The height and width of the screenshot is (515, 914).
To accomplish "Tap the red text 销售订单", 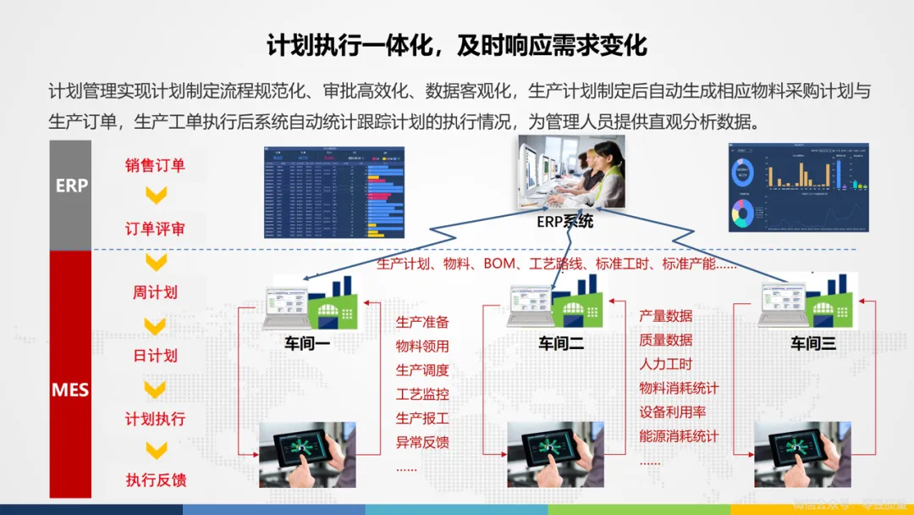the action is click(155, 165).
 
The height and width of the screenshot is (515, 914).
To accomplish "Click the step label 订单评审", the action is click(155, 229).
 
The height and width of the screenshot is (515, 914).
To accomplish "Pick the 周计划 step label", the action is click(155, 292).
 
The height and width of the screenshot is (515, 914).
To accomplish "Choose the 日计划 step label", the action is click(155, 355).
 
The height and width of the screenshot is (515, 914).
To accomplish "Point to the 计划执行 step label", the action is click(155, 418).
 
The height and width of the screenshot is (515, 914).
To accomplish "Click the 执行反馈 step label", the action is click(155, 480).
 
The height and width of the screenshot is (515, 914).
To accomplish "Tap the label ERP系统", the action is click(564, 222).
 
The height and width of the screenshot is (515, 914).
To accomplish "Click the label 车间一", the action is click(306, 343).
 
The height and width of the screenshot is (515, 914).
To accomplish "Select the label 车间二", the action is click(561, 343).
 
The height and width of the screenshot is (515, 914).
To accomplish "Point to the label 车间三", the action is click(812, 343).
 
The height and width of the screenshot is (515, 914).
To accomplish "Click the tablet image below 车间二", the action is click(554, 454).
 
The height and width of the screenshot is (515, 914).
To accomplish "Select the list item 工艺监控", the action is click(422, 394).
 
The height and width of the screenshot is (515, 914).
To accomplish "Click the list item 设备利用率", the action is click(672, 413).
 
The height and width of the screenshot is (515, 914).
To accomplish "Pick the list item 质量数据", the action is click(665, 340).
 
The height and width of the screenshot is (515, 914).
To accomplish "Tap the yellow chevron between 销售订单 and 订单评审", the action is click(156, 197).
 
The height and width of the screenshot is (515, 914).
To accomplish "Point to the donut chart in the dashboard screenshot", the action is click(743, 173).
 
